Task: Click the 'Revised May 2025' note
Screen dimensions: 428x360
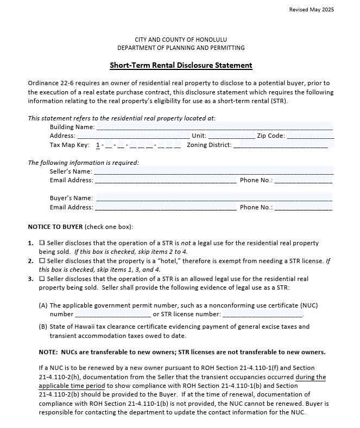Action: point(312,10)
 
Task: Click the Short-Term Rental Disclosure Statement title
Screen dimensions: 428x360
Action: point(181,66)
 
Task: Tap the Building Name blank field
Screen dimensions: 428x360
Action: point(214,127)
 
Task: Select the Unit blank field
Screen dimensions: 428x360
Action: point(231,136)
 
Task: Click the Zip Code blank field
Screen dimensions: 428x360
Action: point(310,136)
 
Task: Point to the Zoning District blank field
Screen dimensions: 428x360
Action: point(280,145)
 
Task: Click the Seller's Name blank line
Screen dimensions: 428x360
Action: point(214,171)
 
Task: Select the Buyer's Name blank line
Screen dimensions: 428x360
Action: point(214,198)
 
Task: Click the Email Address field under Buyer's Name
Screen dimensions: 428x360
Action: point(166,207)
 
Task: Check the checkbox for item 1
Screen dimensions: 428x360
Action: point(42,243)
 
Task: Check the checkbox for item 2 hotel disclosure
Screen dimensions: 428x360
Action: point(42,261)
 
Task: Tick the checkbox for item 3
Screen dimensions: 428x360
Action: point(42,279)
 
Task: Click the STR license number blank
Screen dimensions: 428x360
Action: point(262,314)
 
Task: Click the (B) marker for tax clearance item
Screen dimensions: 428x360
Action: point(43,327)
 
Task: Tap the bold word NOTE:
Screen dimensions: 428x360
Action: point(48,352)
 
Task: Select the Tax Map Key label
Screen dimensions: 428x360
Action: point(70,145)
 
